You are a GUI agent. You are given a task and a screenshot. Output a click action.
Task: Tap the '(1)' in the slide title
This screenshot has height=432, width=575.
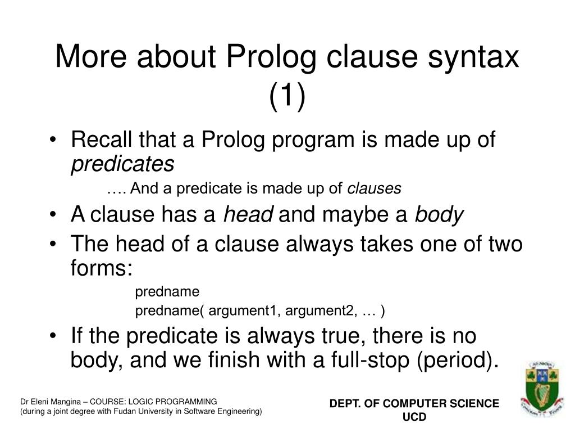[x=287, y=96]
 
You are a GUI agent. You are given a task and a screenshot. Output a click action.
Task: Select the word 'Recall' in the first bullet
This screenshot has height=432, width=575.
[x=103, y=139]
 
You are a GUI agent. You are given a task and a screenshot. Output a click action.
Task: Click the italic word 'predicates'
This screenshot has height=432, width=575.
[x=122, y=164]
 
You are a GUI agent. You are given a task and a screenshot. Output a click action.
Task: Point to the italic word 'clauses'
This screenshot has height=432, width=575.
[x=375, y=189]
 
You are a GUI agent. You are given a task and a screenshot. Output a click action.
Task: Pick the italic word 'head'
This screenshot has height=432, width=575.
[x=248, y=215]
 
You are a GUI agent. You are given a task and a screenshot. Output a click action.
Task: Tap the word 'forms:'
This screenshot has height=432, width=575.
[x=102, y=268]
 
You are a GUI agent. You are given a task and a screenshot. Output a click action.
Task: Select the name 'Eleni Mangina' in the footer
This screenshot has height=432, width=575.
[x=51, y=402]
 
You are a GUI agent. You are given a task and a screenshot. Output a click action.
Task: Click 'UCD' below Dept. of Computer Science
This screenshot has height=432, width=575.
[x=414, y=417]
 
